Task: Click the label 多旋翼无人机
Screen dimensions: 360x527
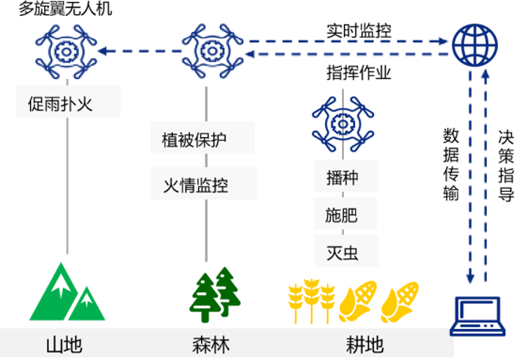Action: pyautogui.click(x=65, y=10)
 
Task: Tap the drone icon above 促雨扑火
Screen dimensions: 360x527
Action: pyautogui.click(x=66, y=52)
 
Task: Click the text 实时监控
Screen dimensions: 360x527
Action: pyautogui.click(x=359, y=31)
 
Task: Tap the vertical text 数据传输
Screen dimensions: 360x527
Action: pyautogui.click(x=451, y=163)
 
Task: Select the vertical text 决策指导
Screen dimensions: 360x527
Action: pyautogui.click(x=505, y=163)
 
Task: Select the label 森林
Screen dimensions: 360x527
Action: pyautogui.click(x=211, y=345)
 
